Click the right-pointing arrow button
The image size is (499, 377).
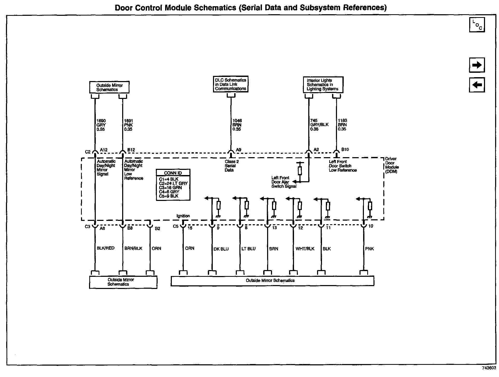(477, 65)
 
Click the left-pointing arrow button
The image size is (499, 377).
(477, 85)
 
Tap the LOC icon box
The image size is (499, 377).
(477, 25)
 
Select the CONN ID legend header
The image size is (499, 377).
(173, 173)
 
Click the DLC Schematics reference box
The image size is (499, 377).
(230, 84)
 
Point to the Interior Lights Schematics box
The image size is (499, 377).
(323, 85)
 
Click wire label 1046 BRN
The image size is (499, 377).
(237, 125)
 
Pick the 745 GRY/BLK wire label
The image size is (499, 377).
(319, 125)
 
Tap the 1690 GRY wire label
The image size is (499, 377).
(101, 125)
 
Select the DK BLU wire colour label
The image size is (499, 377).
(221, 249)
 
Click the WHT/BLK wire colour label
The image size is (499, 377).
(305, 249)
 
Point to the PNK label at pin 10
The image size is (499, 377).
(369, 249)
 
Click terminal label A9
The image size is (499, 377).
(238, 150)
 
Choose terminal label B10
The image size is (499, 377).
(345, 149)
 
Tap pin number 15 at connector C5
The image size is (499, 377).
(190, 228)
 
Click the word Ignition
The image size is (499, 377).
(183, 216)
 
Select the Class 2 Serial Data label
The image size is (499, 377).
(231, 166)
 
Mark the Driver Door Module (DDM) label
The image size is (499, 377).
(392, 165)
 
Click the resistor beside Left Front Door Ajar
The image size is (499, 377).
(300, 171)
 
